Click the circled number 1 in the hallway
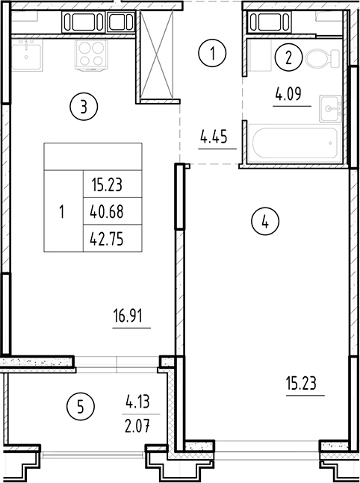[214, 54]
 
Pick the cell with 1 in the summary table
[63, 211]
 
